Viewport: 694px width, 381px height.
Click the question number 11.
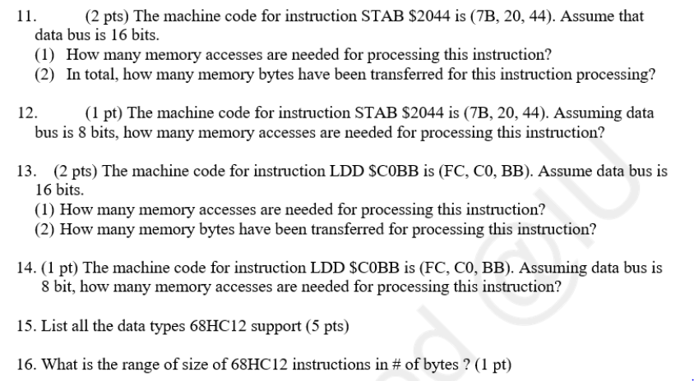click(x=22, y=16)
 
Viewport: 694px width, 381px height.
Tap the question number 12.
click(x=22, y=113)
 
